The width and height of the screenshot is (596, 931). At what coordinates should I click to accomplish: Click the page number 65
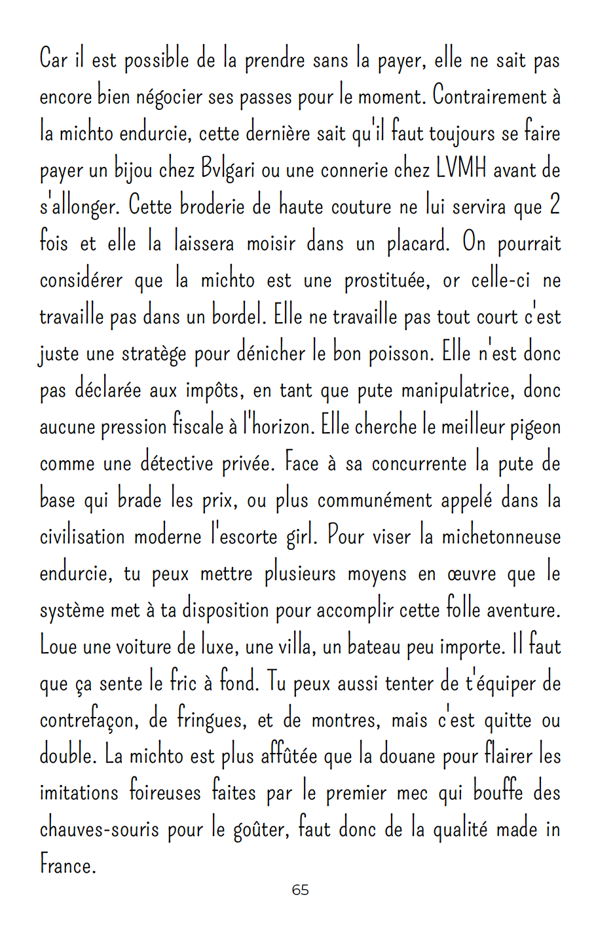pyautogui.click(x=300, y=890)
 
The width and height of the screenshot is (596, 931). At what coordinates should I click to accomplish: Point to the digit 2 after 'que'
pyautogui.click(x=554, y=207)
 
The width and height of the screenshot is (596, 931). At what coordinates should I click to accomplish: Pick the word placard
pyautogui.click(x=418, y=244)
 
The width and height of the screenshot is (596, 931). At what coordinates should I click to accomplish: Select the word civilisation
pyautogui.click(x=83, y=537)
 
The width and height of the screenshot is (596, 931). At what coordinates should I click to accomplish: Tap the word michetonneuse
pyautogui.click(x=501, y=537)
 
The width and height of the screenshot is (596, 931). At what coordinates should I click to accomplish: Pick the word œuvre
pyautogui.click(x=468, y=574)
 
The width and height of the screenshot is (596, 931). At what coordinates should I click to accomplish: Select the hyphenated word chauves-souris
pyautogui.click(x=100, y=830)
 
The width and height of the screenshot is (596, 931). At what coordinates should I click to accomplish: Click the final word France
pyautogui.click(x=67, y=866)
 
